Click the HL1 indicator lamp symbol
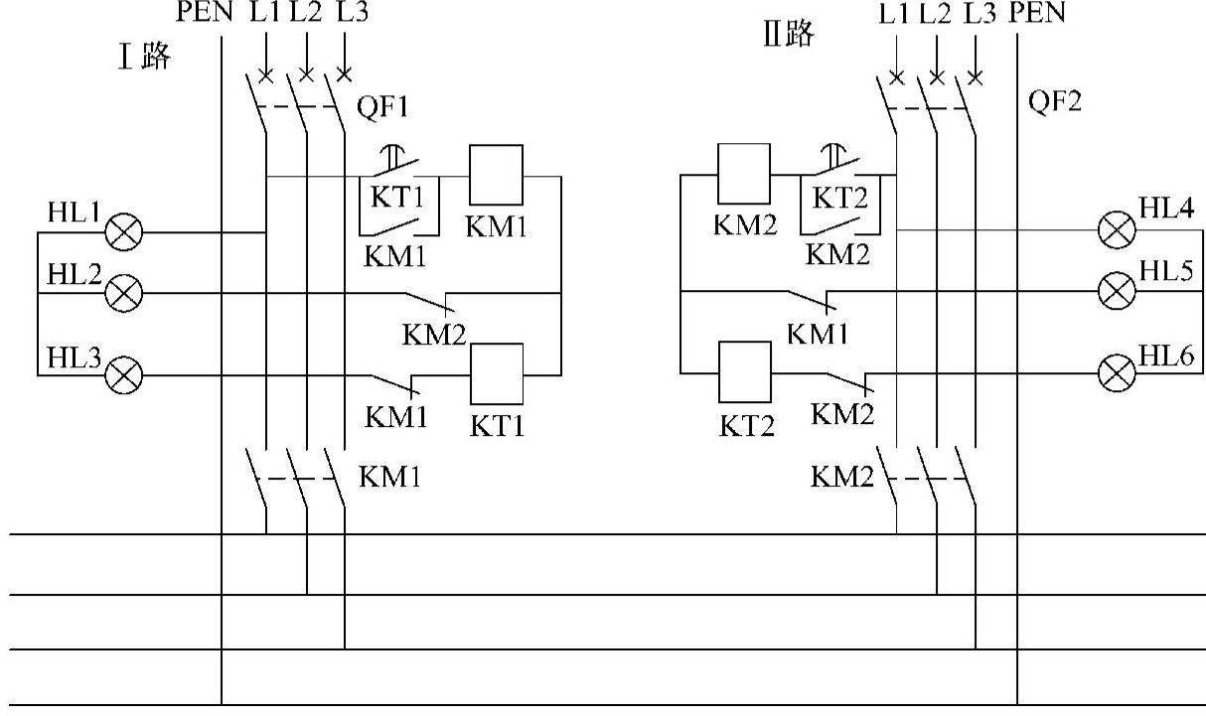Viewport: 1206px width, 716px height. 123,232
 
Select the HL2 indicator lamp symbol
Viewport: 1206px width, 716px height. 123,293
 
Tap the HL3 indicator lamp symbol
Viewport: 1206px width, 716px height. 123,375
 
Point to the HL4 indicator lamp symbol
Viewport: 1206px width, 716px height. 1117,229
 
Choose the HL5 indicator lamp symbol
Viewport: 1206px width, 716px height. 1117,291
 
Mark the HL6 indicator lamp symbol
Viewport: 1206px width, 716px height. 1117,373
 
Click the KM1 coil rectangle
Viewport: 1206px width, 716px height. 496,175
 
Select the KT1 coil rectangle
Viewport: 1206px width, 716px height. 497,373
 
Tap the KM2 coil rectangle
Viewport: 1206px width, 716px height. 744,174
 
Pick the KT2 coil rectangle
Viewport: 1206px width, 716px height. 745,372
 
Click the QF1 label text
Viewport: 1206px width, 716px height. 382,106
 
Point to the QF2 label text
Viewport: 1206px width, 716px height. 1055,100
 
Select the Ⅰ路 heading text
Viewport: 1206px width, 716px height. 144,56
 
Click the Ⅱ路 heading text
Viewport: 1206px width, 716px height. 789,33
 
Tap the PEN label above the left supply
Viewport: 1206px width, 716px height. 205,12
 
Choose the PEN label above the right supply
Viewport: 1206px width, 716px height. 1037,12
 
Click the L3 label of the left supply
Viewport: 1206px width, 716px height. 353,12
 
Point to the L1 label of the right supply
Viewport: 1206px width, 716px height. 894,14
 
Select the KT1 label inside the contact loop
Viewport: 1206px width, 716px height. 397,197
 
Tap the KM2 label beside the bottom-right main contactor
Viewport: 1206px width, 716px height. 842,477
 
